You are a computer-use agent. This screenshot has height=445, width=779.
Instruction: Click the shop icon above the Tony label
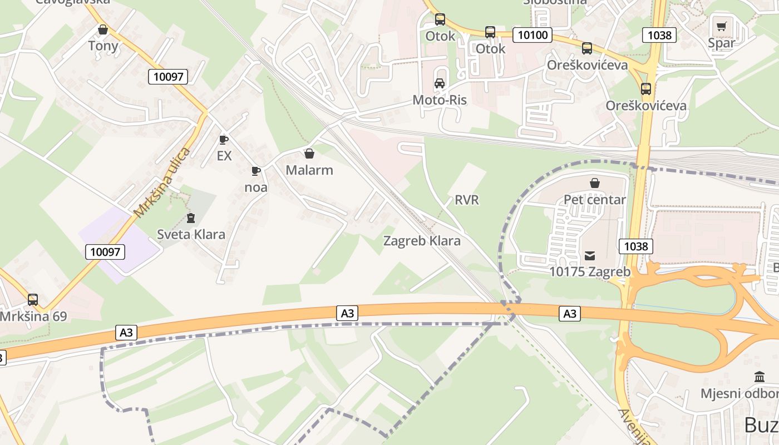(x=103, y=29)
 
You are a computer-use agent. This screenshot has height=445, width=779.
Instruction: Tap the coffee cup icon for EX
(x=224, y=140)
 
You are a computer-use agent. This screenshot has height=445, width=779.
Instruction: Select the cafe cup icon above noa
(x=256, y=171)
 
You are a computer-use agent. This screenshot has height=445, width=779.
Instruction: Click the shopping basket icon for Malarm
(x=309, y=154)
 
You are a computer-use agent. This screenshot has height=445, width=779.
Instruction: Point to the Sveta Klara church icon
(x=191, y=217)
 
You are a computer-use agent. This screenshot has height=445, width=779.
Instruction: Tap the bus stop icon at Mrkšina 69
(x=33, y=300)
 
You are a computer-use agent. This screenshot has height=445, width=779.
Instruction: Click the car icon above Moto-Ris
(x=440, y=83)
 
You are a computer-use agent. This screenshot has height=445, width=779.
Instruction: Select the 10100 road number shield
(x=532, y=35)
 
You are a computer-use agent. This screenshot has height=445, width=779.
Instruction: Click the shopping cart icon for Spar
(x=722, y=26)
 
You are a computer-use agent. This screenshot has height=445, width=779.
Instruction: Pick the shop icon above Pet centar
(x=595, y=183)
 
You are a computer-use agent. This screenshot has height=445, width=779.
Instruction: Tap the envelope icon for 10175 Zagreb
(x=590, y=256)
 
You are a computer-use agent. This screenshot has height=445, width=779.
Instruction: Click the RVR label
(x=466, y=200)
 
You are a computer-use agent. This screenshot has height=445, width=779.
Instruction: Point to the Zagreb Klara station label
(x=422, y=241)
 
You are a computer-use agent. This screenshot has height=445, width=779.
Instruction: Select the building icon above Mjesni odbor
(x=760, y=377)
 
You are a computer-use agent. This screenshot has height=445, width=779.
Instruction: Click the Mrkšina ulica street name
(x=162, y=183)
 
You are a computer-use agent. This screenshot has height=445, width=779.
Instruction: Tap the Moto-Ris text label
(x=440, y=100)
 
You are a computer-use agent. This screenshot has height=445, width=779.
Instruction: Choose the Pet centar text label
(x=595, y=199)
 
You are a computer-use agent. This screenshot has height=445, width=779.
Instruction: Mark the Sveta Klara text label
(x=191, y=234)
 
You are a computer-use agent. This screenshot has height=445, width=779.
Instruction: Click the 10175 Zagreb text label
(x=590, y=272)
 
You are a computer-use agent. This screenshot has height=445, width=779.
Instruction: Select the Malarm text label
(x=309, y=170)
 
